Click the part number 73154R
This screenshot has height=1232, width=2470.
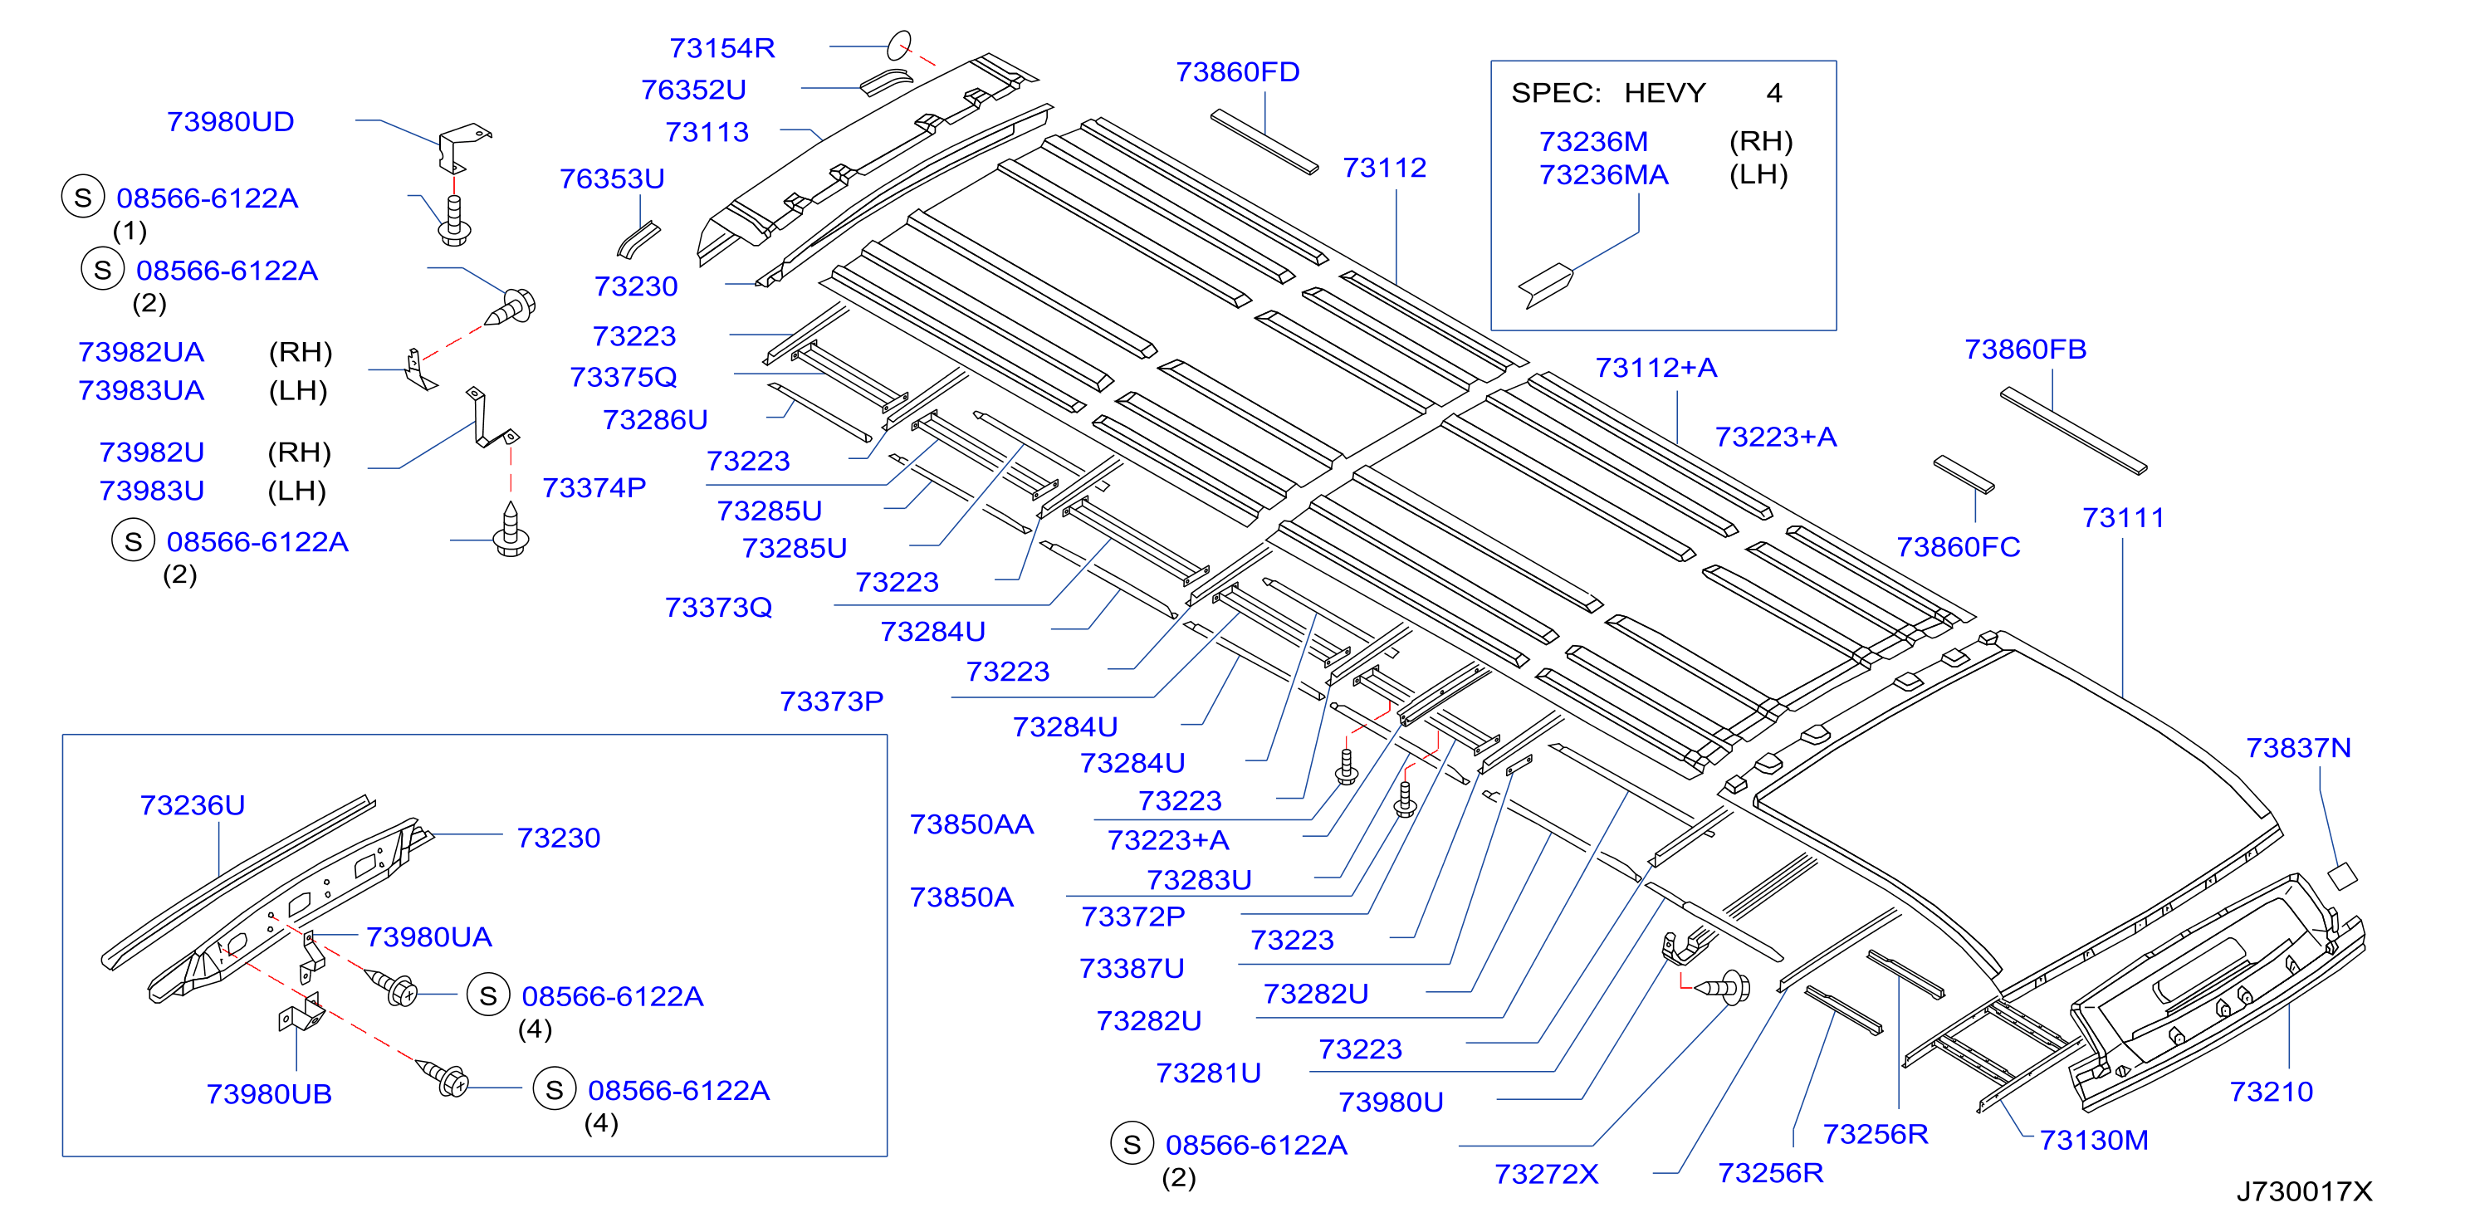(722, 48)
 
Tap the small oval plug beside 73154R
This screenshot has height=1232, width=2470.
(898, 45)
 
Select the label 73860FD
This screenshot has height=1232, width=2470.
(1237, 72)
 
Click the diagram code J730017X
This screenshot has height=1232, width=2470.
(2304, 1190)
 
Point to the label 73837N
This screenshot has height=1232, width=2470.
(2298, 748)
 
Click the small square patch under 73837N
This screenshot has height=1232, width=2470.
(2342, 875)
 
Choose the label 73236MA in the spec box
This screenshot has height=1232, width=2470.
(1603, 174)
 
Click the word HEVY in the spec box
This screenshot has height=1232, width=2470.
(1665, 93)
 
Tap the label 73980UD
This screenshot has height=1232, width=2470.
(230, 122)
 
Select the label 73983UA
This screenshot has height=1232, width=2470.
(141, 390)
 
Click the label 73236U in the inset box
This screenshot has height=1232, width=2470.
(192, 805)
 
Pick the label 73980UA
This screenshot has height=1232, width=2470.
(428, 936)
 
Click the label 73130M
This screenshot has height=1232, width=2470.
(2093, 1140)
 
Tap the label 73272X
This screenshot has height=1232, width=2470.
(1546, 1174)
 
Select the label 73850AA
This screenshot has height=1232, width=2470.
(971, 824)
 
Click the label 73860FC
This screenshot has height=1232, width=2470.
(1958, 546)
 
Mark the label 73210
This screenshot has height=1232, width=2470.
(2271, 1091)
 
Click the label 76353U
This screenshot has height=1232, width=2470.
(612, 178)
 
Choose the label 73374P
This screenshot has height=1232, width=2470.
(594, 488)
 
